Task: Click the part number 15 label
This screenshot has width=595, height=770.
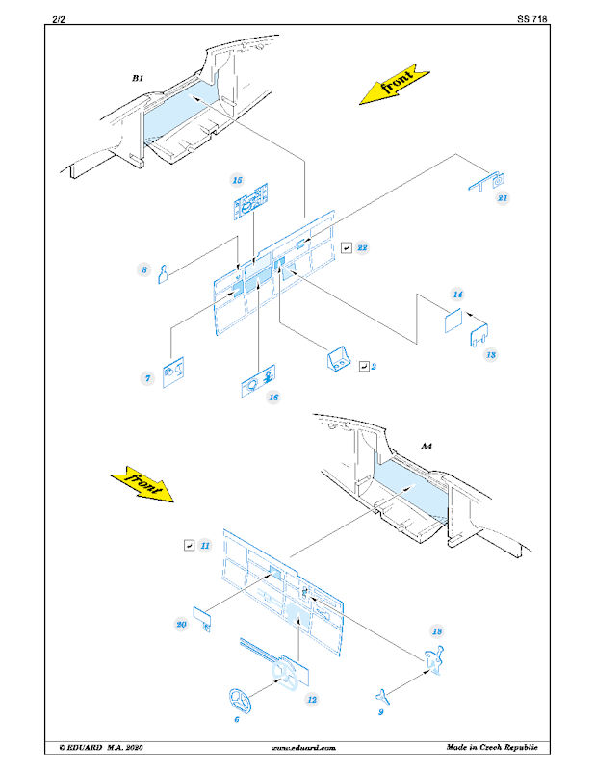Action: (x=236, y=179)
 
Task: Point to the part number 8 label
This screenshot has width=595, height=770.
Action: (x=144, y=270)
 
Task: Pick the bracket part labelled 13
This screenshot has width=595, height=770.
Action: (x=479, y=332)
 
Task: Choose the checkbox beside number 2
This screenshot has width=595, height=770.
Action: (x=364, y=366)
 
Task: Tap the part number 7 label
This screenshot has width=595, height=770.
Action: (x=148, y=379)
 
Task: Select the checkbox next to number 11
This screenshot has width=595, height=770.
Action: (x=188, y=545)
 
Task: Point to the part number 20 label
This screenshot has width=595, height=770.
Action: (x=181, y=624)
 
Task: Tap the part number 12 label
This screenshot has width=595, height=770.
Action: (x=312, y=700)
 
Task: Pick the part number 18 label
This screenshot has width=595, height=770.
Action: (x=437, y=630)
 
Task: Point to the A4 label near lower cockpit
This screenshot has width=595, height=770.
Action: (x=427, y=447)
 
